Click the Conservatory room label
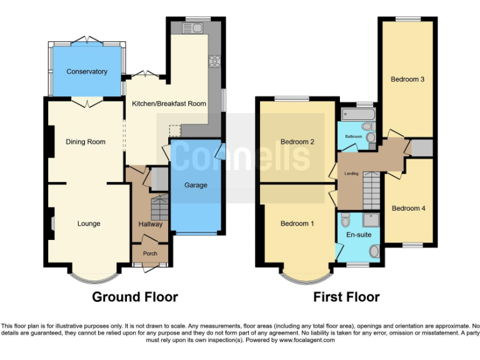pos(87,71)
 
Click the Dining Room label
pos(86,142)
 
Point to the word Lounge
pos(89,224)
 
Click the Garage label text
pos(196,185)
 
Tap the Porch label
pos(150,254)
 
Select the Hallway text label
pos(150,224)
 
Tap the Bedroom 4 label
pos(408,208)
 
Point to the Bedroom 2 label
pos(297,142)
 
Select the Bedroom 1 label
pos(297,224)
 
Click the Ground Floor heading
pos(135,297)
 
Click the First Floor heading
pos(346,297)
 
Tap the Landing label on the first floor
pos(352,173)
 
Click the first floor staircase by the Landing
pos(371,191)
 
